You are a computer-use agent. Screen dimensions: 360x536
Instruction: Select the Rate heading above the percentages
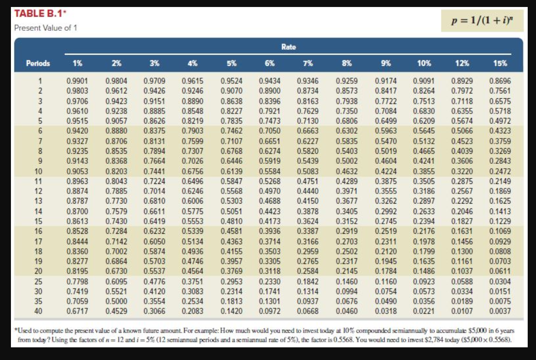(x=289, y=47)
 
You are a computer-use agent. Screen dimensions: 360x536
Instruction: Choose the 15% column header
(x=500, y=63)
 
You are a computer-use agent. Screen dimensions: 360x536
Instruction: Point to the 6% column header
(x=270, y=63)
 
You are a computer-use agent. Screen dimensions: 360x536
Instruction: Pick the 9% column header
(x=385, y=63)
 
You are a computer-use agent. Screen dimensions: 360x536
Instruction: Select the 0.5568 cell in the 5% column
(x=232, y=191)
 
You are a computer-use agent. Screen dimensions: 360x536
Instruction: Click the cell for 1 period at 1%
(x=77, y=81)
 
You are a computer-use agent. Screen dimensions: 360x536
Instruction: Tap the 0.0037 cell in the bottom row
(x=500, y=311)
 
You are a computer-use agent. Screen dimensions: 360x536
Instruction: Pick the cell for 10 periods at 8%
(x=347, y=171)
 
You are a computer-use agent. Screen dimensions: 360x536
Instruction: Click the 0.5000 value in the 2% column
(x=116, y=301)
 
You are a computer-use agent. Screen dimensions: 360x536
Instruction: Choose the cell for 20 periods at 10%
(x=423, y=272)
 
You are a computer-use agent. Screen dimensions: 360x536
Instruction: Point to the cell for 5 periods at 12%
(x=462, y=121)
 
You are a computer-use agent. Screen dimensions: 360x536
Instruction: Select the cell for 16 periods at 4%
(x=192, y=232)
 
